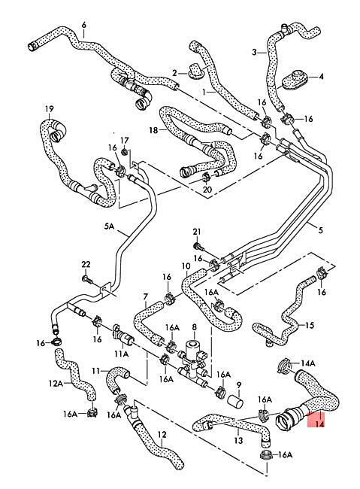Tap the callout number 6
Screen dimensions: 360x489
pos(83,25)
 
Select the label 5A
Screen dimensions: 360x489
pos(110,226)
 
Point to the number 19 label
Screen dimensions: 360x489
pos(50,109)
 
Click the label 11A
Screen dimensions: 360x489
pos(121,354)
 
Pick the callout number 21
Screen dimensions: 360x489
pos(197,232)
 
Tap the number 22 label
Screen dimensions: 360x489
pos(86,265)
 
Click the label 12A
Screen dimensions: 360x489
pos(56,383)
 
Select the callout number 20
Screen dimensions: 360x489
pos(207,189)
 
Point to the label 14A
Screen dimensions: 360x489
pos(308,363)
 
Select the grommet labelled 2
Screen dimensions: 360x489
pos(195,70)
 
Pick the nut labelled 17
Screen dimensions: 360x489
pos(125,152)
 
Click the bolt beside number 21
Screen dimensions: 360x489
pos(198,248)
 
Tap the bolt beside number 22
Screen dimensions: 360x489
pos(88,279)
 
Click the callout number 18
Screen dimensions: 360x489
pos(153,130)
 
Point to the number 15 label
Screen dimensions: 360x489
pos(309,326)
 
